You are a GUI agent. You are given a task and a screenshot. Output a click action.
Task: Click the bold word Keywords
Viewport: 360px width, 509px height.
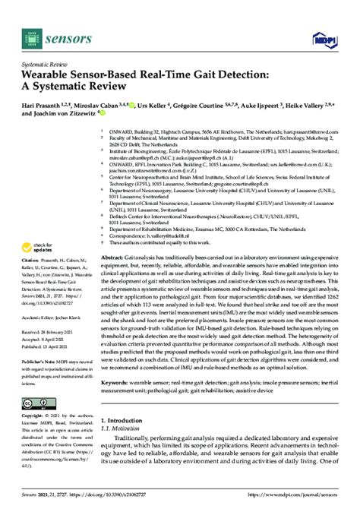[x=115, y=382]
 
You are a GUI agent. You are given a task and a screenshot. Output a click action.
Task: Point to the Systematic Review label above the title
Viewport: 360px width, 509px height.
[x=43, y=62]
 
